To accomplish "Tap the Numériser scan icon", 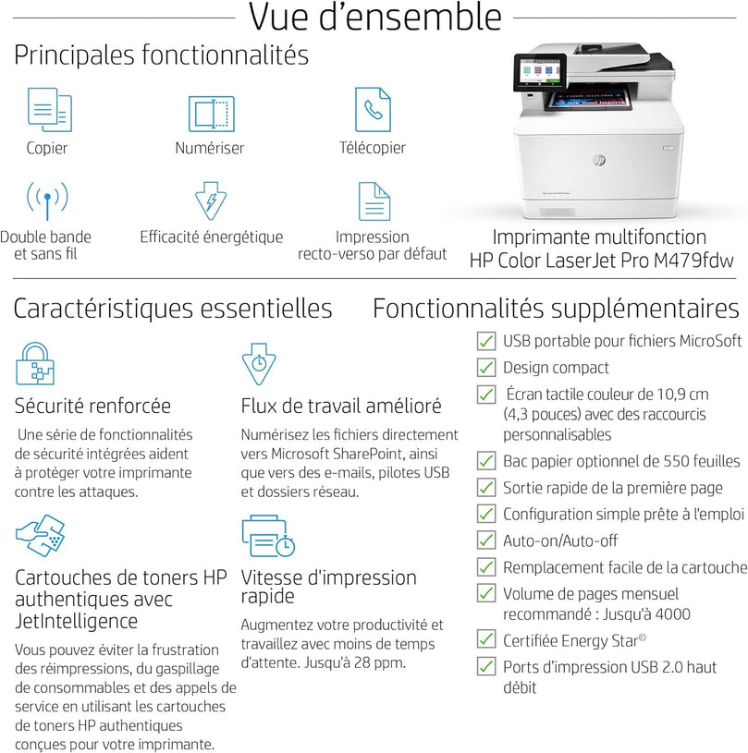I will tap(211, 113).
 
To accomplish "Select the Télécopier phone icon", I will tap(373, 109).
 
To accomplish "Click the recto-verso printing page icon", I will tap(374, 200).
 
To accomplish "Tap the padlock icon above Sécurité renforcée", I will tap(35, 363).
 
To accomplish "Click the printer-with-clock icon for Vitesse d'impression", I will tap(268, 537).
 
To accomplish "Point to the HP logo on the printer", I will tap(599, 160).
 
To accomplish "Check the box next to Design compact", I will tap(486, 368).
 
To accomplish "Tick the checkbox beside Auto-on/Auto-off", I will tap(486, 540).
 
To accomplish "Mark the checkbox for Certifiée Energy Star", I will tap(486, 638).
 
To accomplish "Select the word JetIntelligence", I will tap(77, 621).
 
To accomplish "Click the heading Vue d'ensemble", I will tap(375, 18).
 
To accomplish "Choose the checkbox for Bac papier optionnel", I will tap(486, 460).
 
